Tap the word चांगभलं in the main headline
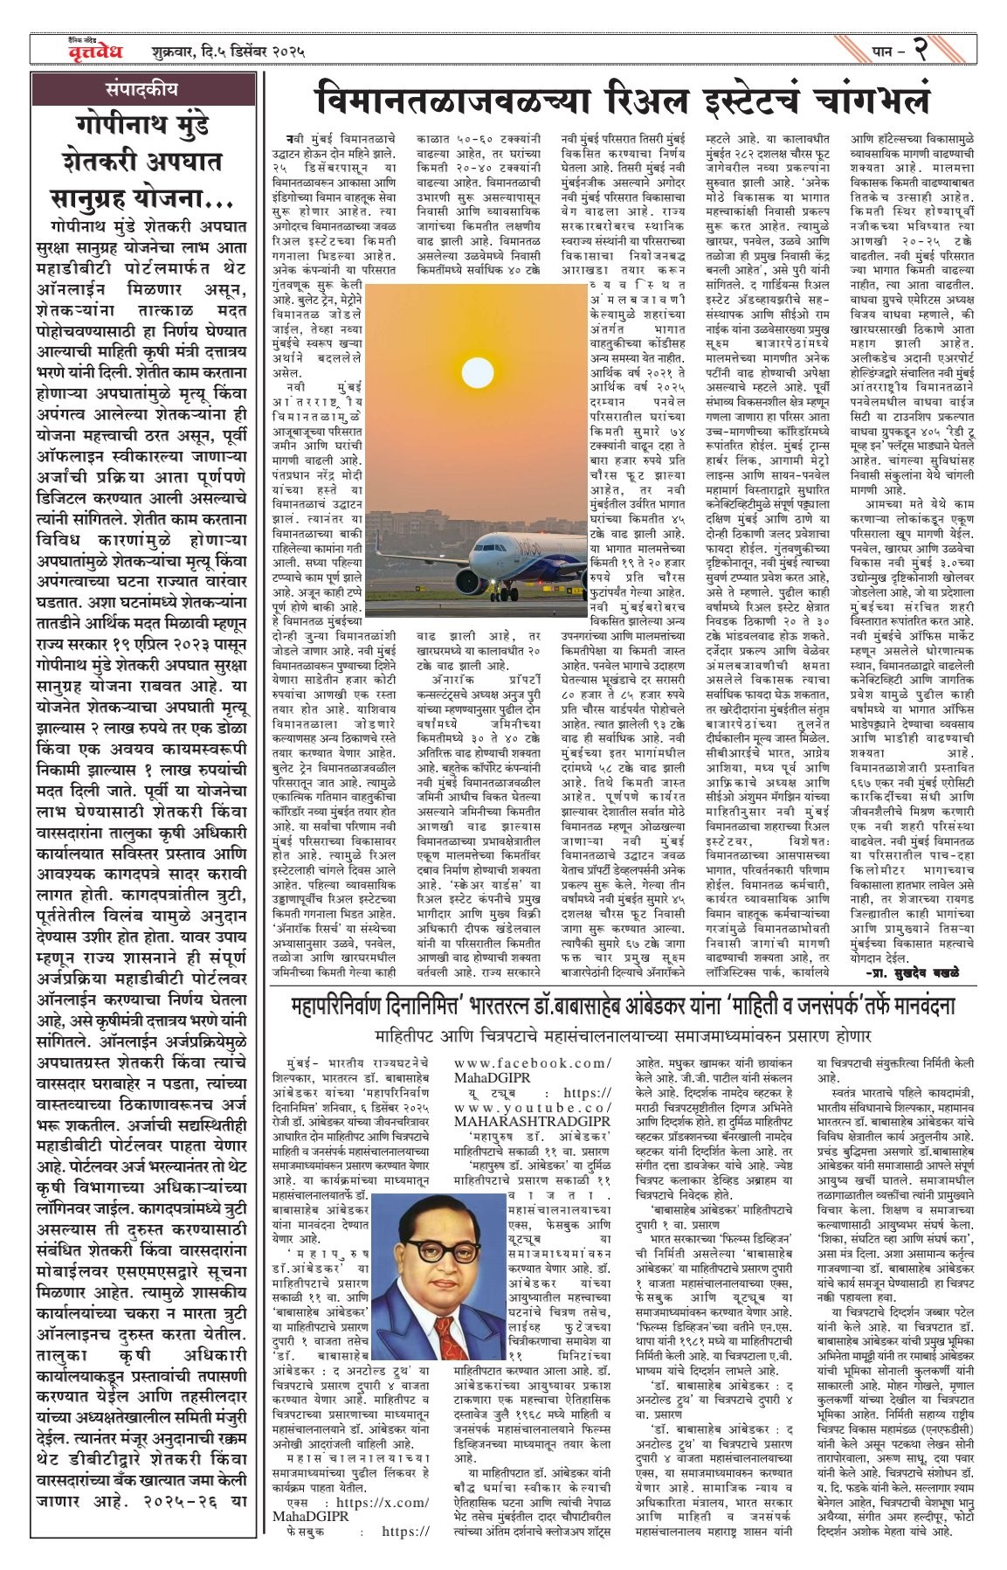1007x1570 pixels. tap(865, 99)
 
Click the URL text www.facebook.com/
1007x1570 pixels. tap(532, 1062)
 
